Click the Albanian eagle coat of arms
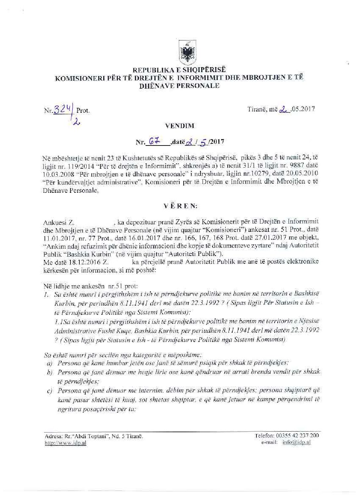pyautogui.click(x=186, y=52)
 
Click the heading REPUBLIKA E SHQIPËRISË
pyautogui.click(x=179, y=70)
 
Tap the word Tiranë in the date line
pyautogui.click(x=256, y=109)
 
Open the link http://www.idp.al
pyautogui.click(x=65, y=443)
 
